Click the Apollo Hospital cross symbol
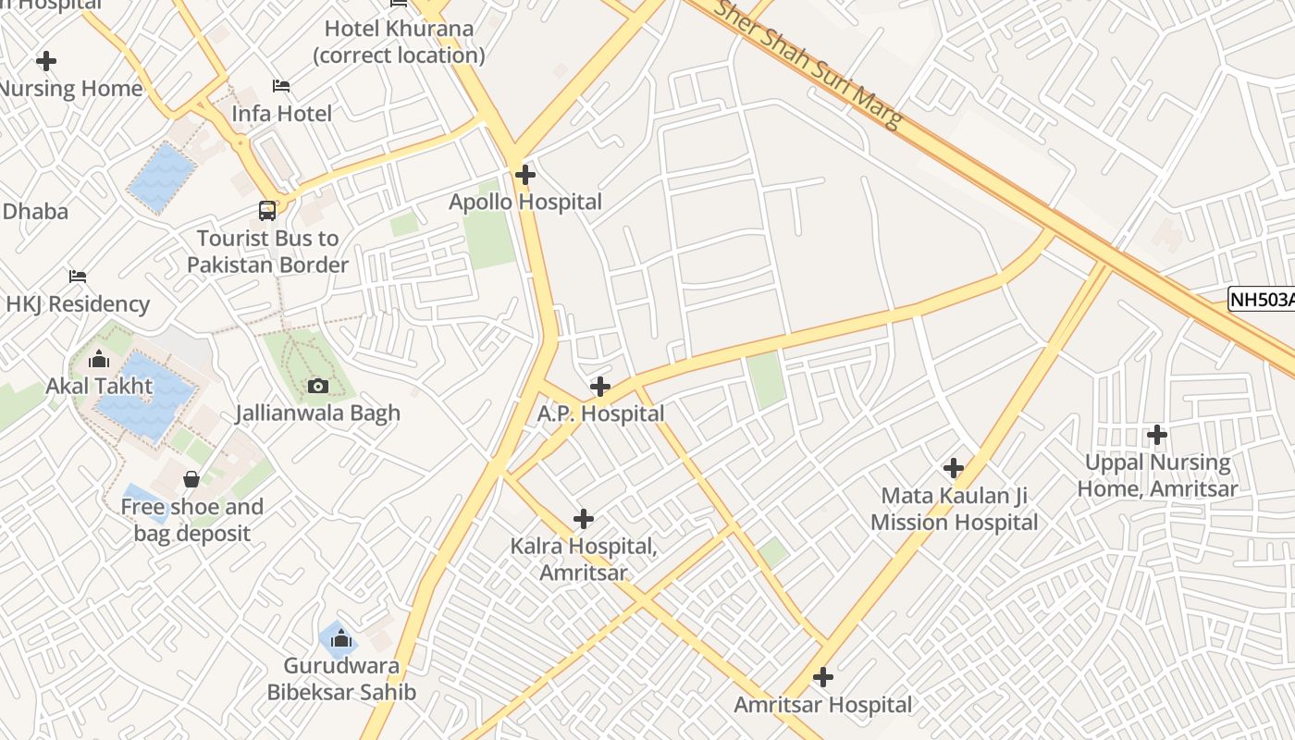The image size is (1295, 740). [x=525, y=174]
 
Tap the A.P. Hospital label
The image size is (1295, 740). [x=600, y=413]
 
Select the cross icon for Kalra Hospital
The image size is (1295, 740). [x=584, y=519]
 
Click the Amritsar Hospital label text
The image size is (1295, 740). [x=822, y=705]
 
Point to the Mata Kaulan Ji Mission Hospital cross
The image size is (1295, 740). [x=954, y=468]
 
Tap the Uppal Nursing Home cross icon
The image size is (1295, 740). [x=1156, y=434]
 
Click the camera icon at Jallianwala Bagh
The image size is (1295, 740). [x=317, y=386]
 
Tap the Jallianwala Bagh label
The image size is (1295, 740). [x=317, y=413]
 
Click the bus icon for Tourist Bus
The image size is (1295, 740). [x=267, y=210]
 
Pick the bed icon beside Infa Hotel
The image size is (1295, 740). [x=281, y=86]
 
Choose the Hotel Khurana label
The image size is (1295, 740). [x=399, y=42]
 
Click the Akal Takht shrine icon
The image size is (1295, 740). [x=99, y=359]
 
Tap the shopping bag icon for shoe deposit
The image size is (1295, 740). [x=191, y=479]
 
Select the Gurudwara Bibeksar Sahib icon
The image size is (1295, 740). [x=341, y=638]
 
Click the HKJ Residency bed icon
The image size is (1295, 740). [x=78, y=277]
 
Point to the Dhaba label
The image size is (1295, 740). [x=35, y=211]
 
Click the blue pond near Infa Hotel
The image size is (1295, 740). [x=163, y=177]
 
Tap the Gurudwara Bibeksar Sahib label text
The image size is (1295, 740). [x=341, y=679]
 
